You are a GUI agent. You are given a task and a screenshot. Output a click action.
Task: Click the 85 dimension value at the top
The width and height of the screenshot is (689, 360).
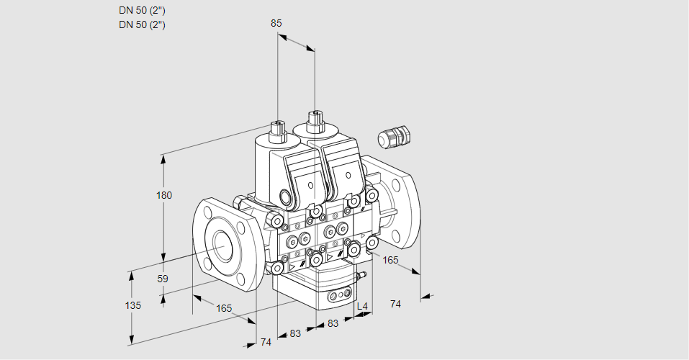(276, 23)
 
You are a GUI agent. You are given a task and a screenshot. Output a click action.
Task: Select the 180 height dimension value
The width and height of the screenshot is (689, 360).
(165, 195)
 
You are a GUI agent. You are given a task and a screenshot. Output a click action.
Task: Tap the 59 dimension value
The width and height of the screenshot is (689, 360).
(163, 279)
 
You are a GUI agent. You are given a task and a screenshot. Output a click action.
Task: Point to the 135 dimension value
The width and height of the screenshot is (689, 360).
(133, 305)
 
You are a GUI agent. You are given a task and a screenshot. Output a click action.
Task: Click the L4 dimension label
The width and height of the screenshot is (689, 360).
(362, 307)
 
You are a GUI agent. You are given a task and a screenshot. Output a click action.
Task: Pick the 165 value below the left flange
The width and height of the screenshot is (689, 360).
(225, 308)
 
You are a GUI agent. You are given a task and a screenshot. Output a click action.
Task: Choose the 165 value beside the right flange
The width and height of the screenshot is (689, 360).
(390, 259)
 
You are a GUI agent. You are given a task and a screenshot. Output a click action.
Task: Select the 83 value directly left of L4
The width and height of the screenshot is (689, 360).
(333, 324)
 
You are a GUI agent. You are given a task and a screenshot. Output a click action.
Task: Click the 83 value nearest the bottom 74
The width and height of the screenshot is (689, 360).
(296, 333)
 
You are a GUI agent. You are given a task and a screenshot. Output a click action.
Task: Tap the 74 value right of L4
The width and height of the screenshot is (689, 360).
(395, 305)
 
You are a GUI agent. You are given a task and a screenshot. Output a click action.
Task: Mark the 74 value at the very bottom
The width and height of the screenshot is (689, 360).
(266, 342)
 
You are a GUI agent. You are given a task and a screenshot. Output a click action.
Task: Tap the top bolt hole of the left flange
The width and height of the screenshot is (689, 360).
(209, 213)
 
